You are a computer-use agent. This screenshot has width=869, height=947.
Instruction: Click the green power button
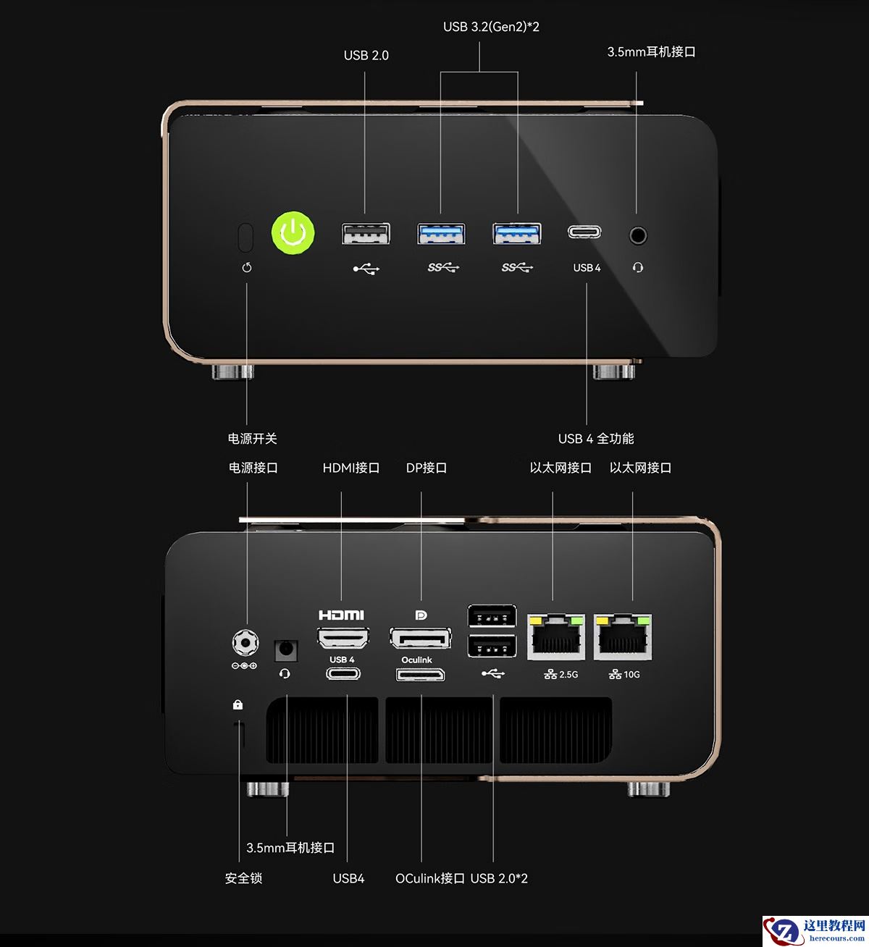click(x=293, y=233)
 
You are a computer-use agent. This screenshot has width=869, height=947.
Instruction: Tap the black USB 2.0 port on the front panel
click(x=366, y=234)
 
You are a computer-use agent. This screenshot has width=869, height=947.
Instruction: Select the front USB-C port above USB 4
click(x=585, y=232)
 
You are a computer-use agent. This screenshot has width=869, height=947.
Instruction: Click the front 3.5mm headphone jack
click(x=637, y=235)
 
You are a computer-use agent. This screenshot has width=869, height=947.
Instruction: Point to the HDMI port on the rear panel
click(x=343, y=637)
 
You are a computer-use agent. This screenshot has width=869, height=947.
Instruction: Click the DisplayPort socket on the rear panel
click(x=420, y=638)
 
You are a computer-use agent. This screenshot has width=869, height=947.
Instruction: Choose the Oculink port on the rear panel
click(x=420, y=675)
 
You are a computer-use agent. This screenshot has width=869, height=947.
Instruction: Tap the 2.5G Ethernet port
click(x=556, y=636)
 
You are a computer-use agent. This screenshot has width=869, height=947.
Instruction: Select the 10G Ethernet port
click(x=623, y=636)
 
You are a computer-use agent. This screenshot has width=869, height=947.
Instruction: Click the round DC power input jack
click(x=245, y=642)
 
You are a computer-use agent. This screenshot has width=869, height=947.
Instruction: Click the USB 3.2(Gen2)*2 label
click(x=491, y=27)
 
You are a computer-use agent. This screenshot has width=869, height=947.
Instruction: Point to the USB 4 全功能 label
click(x=595, y=439)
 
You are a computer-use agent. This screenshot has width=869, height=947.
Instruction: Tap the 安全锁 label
click(x=243, y=878)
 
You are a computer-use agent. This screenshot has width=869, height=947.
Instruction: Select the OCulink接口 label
click(x=429, y=878)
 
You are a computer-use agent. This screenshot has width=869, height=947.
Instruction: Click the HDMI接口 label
click(x=351, y=468)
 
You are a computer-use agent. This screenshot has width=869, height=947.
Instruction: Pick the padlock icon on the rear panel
click(x=238, y=704)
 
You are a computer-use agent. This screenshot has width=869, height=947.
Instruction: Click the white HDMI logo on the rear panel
click(x=341, y=615)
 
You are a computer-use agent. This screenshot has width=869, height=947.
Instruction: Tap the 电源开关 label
click(x=252, y=439)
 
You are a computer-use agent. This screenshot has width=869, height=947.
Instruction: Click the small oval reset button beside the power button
click(x=245, y=236)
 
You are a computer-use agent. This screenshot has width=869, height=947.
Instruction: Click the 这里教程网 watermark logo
click(x=815, y=930)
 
